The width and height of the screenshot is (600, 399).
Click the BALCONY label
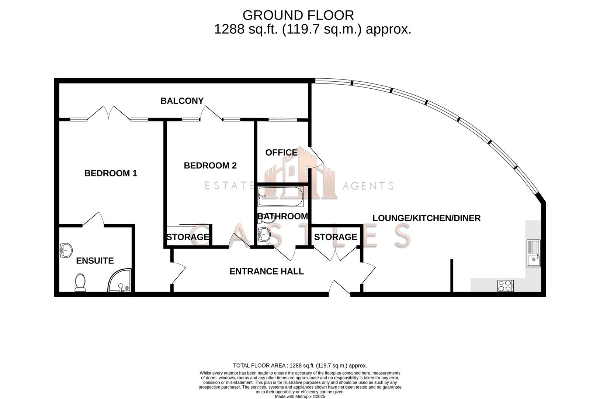click(x=182, y=101)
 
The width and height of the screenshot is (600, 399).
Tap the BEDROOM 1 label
click(x=111, y=173)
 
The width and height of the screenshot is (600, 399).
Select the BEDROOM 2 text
click(x=210, y=166)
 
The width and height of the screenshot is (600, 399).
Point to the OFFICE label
click(x=281, y=153)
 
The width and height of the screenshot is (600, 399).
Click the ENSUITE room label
click(x=95, y=261)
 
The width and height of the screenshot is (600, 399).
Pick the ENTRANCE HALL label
click(x=266, y=272)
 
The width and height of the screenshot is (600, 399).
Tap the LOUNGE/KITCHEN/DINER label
click(x=426, y=218)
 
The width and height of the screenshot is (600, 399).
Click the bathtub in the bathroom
click(x=280, y=196)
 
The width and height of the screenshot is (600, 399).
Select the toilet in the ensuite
click(x=80, y=283)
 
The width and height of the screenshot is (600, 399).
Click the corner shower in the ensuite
click(x=120, y=282)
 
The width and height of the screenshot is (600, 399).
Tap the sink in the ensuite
click(x=66, y=250)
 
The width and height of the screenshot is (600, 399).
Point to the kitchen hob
click(x=505, y=286)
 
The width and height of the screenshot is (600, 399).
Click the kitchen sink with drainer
click(x=533, y=253)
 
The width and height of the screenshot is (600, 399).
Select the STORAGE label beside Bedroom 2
click(x=188, y=237)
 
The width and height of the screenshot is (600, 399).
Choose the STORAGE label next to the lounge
click(x=335, y=237)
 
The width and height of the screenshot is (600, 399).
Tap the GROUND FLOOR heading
click(x=298, y=16)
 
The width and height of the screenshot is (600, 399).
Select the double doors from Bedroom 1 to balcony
click(x=108, y=113)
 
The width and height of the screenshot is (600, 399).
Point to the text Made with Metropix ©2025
click(x=300, y=396)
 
